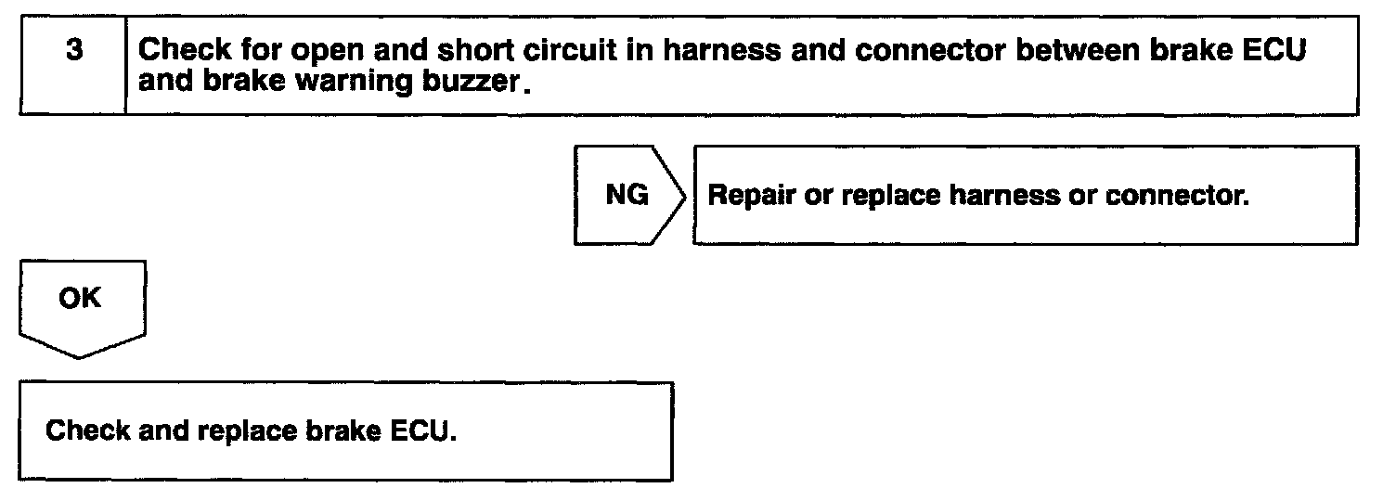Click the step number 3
[x=71, y=51]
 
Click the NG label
[x=627, y=196]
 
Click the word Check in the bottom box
[x=87, y=431]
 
